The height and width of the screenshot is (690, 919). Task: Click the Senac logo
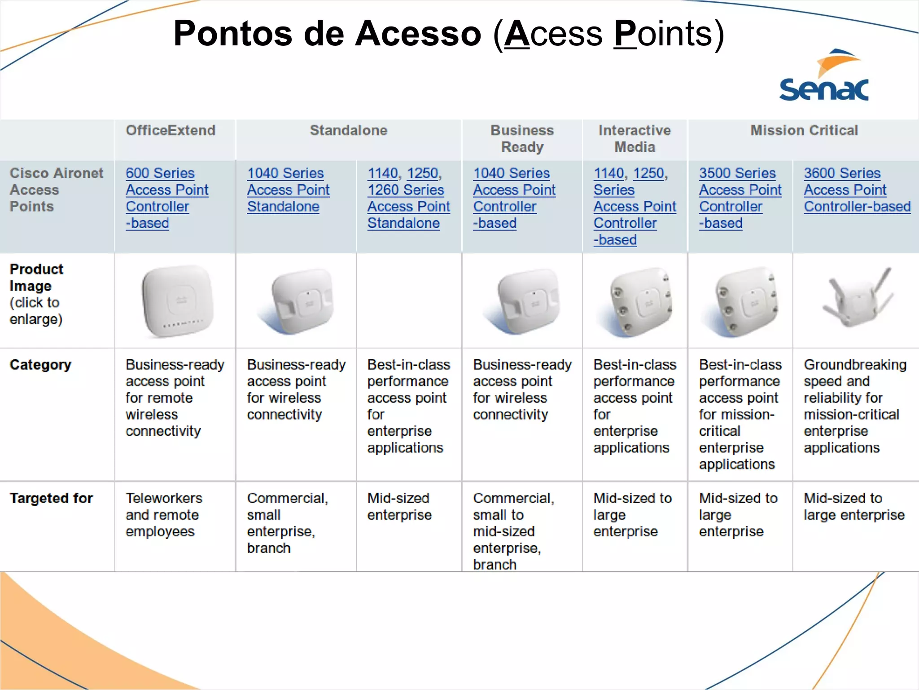click(824, 76)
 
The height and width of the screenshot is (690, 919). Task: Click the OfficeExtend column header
click(171, 131)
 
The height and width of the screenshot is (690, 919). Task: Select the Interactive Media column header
click(635, 139)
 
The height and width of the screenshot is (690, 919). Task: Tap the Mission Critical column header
click(804, 131)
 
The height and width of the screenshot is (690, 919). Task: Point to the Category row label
click(41, 365)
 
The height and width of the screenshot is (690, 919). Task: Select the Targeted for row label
click(52, 498)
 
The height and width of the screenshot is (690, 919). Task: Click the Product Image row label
click(37, 294)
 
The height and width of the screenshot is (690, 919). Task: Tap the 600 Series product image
click(178, 301)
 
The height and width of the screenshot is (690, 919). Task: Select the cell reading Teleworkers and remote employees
click(163, 515)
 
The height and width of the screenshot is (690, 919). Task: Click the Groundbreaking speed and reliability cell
click(854, 406)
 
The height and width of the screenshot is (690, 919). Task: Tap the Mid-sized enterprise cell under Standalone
click(399, 507)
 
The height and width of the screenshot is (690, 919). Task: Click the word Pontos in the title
click(232, 34)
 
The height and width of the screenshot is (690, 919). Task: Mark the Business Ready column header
click(522, 139)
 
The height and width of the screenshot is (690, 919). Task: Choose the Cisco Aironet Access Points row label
click(56, 190)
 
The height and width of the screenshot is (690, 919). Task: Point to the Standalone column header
click(349, 131)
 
